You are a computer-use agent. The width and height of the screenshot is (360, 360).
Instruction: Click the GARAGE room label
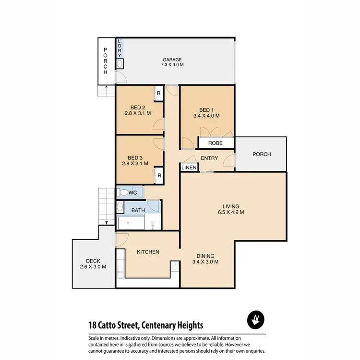coord(172,60)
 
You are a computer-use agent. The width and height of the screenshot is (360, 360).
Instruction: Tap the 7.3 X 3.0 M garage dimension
coord(172,65)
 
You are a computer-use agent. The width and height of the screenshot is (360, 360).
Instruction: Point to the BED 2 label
coord(138,108)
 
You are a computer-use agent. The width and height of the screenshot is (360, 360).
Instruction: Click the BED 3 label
coord(135,158)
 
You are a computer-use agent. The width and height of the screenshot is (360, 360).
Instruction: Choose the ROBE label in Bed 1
coord(215,143)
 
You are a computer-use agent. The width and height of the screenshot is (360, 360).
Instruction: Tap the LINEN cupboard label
coord(189,168)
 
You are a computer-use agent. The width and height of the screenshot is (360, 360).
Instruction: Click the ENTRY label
coord(210,158)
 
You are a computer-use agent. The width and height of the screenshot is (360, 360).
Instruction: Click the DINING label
coord(205,256)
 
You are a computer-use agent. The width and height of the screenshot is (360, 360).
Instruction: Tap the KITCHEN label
coord(148,252)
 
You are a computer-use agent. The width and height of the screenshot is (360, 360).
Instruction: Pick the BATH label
coord(138,210)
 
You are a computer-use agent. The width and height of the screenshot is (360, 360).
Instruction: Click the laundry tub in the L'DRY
coord(120,63)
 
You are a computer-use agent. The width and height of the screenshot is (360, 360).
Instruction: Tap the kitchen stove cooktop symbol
coord(175,267)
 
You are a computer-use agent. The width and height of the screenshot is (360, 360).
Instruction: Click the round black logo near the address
coord(255,320)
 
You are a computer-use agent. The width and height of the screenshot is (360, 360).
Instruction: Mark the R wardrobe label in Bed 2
coord(158,93)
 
